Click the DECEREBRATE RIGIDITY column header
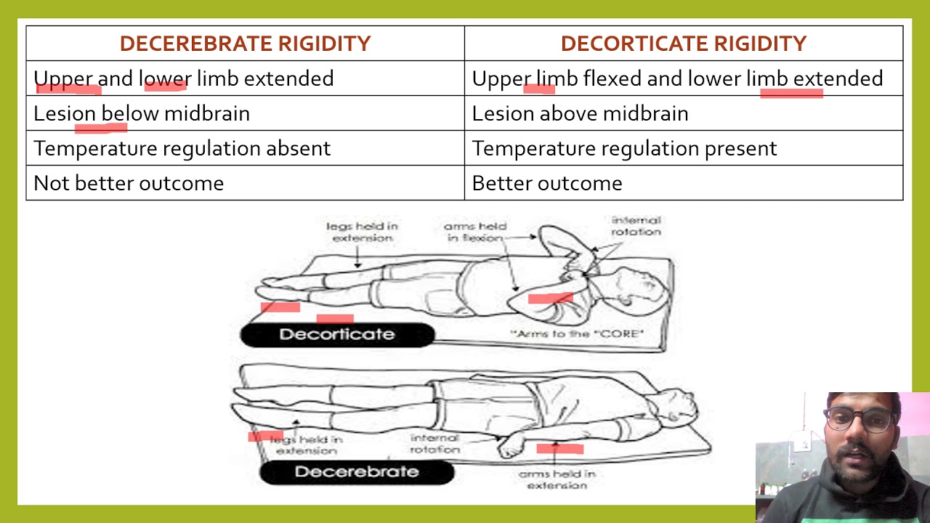tap(245, 44)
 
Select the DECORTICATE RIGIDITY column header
tap(683, 44)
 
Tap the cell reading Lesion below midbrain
tap(142, 113)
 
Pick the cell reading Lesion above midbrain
tap(580, 113)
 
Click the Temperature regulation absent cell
tap(182, 148)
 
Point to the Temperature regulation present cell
tap(624, 148)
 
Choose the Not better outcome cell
tap(129, 183)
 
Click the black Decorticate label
tap(337, 334)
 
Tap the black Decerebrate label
tap(357, 472)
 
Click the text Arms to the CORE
tap(578, 333)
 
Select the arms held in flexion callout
tap(475, 232)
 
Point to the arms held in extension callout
tap(557, 479)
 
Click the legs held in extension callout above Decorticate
tap(362, 232)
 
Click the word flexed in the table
tap(612, 78)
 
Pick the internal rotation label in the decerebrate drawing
tap(435, 443)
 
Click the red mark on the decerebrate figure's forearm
tap(559, 448)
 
